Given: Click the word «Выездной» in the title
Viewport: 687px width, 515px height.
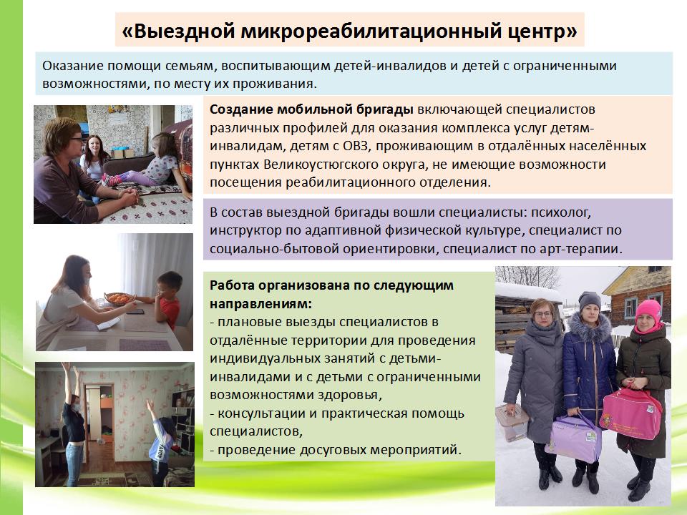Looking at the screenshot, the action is click(178, 31).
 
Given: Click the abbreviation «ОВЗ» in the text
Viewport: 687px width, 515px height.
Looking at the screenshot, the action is click(356, 146).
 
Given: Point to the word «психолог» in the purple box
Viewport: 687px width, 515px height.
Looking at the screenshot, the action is click(561, 212).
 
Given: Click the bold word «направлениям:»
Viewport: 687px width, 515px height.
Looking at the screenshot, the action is click(260, 303).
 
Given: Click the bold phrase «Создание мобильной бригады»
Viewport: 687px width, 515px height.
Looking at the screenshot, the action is click(311, 109).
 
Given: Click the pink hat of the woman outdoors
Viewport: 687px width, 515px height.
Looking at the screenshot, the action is click(648, 311).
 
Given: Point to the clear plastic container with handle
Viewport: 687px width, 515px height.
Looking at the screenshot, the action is click(511, 422).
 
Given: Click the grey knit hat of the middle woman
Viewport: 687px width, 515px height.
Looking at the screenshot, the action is click(589, 300).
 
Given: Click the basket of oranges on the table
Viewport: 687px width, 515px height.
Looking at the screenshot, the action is click(120, 299).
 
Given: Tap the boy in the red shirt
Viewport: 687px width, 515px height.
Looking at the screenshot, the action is click(165, 300).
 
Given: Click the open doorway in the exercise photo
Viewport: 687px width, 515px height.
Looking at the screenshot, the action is click(99, 415).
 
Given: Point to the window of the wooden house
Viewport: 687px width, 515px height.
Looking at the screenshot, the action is click(631, 308).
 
